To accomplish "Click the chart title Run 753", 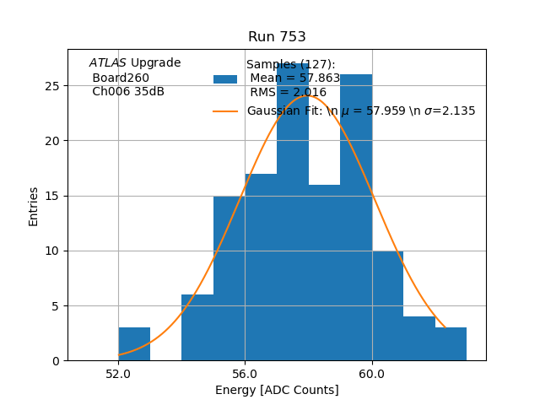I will (277, 37).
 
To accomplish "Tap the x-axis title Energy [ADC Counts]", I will (277, 390).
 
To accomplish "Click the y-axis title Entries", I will (34, 206).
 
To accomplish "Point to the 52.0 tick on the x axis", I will (118, 373).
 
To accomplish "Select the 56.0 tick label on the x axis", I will (245, 373).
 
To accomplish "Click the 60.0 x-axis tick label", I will (371, 373).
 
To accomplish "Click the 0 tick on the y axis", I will (56, 361).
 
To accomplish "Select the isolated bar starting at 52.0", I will (134, 344).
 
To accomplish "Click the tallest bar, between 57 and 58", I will (292, 211).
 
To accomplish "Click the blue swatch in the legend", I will (225, 79).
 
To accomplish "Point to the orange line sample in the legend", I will (225, 111).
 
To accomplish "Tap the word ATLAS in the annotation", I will (108, 63).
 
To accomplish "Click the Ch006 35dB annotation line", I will (128, 92).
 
